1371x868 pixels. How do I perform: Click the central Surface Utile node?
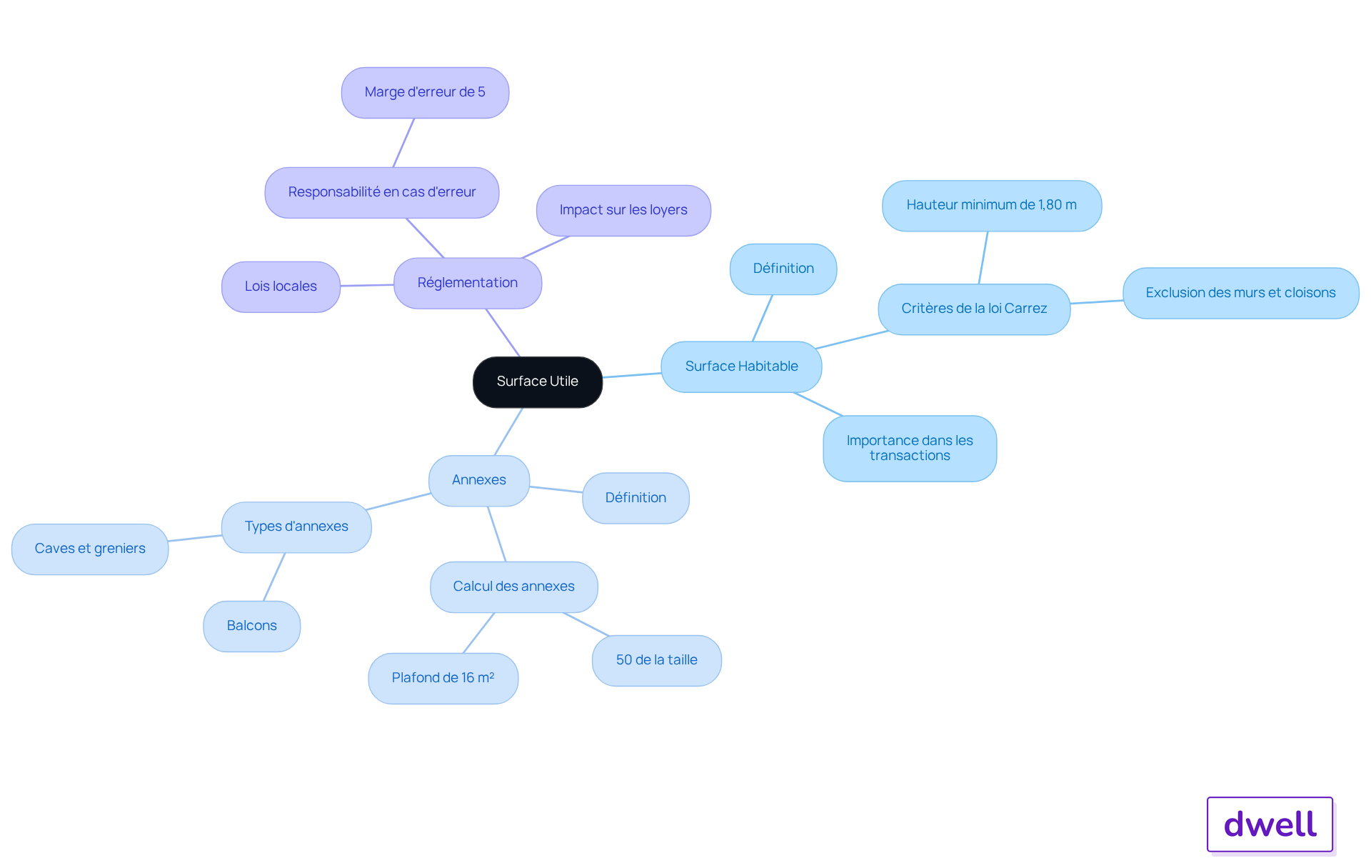[x=538, y=382]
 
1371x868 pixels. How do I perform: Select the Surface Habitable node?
[x=741, y=366]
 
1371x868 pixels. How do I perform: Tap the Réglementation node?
[x=468, y=283]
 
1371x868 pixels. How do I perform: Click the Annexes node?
[x=479, y=481]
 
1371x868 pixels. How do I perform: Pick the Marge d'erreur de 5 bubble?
[x=425, y=93]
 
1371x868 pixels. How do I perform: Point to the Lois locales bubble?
[x=281, y=286]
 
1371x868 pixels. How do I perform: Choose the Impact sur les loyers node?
[x=623, y=211]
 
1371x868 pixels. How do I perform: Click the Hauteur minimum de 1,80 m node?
[x=992, y=206]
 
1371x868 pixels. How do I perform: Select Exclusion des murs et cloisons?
[x=1241, y=293]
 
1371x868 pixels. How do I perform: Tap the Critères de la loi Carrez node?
[x=974, y=309]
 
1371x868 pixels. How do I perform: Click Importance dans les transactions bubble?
[x=910, y=449]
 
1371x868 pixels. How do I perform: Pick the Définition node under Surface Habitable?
[x=783, y=269]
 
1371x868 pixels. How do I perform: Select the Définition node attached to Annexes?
[x=636, y=498]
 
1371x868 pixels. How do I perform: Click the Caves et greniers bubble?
[x=90, y=549]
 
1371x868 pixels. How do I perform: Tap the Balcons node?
[x=252, y=627]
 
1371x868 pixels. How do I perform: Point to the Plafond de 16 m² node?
[x=443, y=679]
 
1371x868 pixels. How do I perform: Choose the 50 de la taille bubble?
[x=657, y=661]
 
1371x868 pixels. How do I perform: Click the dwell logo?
[x=1270, y=824]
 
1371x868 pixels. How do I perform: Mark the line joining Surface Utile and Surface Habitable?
[x=632, y=375]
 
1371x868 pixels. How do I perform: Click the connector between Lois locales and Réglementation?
[x=367, y=285]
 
